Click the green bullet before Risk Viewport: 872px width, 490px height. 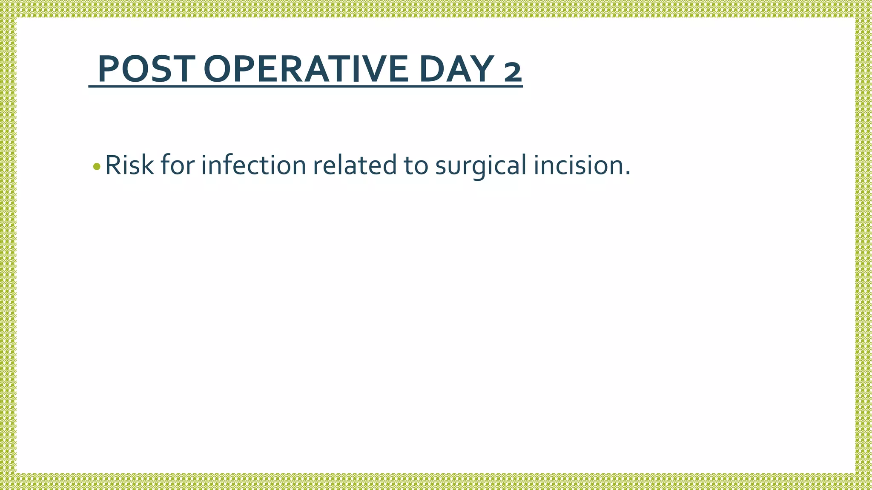[x=97, y=166]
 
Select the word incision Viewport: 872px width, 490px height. [x=577, y=165]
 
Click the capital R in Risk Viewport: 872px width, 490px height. [x=112, y=165]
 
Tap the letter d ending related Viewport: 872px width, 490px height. [x=389, y=165]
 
